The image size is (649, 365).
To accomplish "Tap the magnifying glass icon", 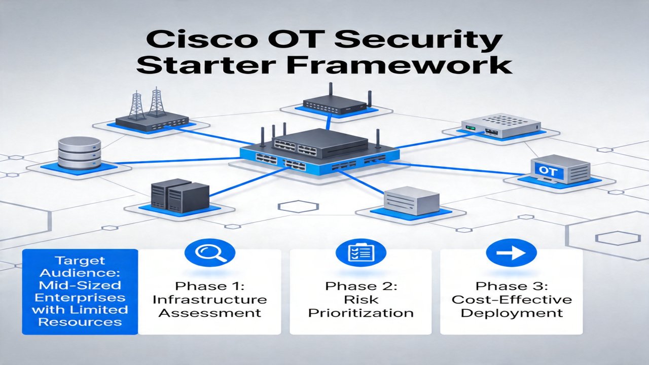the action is (x=210, y=252).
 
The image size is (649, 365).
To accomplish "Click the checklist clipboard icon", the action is (x=361, y=252).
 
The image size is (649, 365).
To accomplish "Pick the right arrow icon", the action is (x=511, y=252).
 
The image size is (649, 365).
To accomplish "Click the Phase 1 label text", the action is (x=210, y=286).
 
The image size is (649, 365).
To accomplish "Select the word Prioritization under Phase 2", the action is (x=360, y=313).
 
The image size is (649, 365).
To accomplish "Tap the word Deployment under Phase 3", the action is (x=512, y=313).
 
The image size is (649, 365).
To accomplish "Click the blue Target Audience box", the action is (x=80, y=291).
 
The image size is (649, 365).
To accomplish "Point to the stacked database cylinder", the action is (x=79, y=153).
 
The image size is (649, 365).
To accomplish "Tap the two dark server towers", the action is (x=180, y=195).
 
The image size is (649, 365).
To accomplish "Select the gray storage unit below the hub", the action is (x=411, y=200).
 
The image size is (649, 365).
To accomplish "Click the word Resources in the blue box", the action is (x=80, y=322).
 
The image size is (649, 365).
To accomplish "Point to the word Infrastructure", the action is (x=210, y=300).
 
